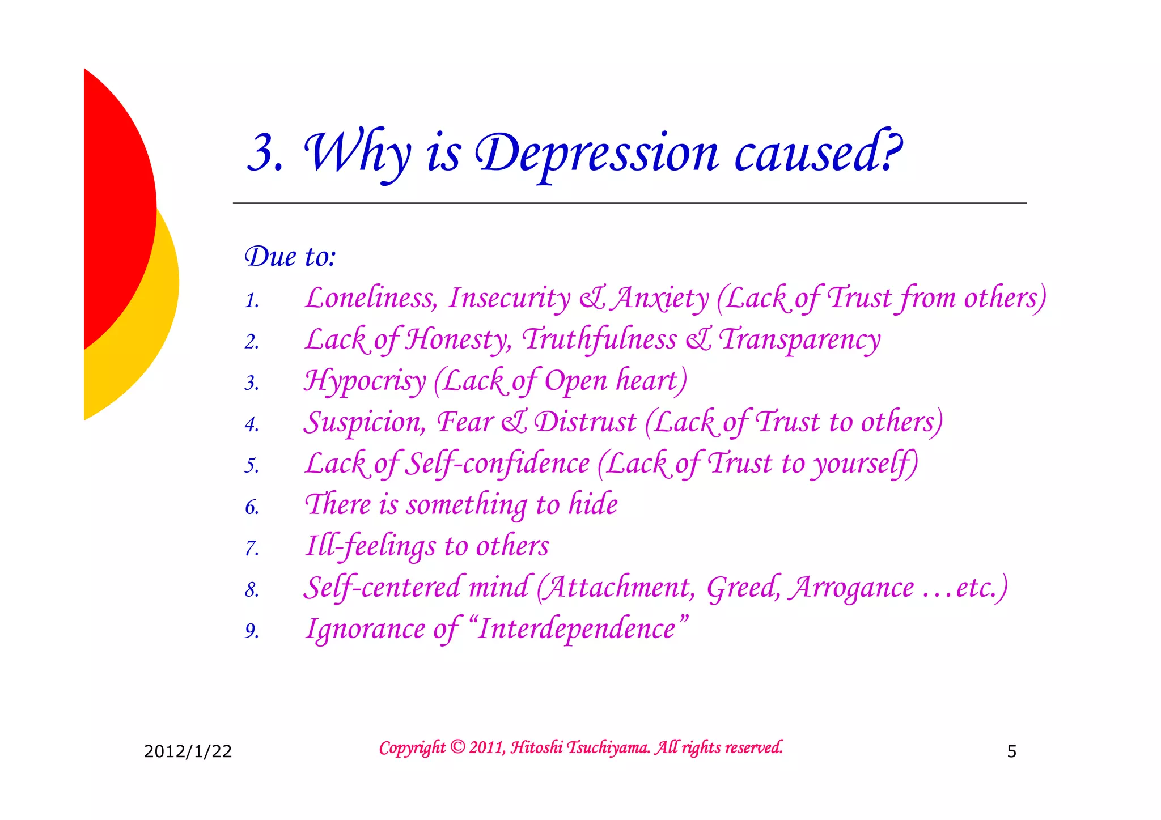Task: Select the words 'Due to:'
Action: [x=290, y=257]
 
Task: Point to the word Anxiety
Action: [x=661, y=298]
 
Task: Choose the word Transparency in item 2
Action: [x=799, y=340]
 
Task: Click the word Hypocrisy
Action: [x=365, y=381]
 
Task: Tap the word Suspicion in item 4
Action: [x=365, y=423]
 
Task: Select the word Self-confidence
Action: [x=498, y=464]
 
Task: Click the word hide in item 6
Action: [x=593, y=504]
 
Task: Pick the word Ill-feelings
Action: [x=371, y=546]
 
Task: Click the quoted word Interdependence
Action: [x=577, y=629]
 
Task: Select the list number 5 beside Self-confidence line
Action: [x=252, y=466]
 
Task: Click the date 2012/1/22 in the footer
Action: [x=188, y=751]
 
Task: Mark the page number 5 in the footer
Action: [x=1011, y=752]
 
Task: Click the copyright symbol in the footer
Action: [x=457, y=747]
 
